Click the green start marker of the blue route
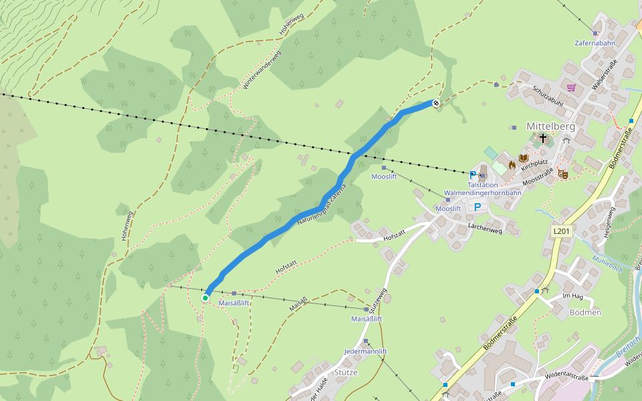click(205, 298)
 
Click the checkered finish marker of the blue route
click(436, 104)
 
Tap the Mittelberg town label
click(551, 126)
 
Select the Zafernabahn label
click(595, 43)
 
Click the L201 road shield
click(562, 231)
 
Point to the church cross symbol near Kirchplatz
click(543, 138)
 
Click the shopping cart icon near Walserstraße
click(570, 88)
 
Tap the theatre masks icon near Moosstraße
click(563, 174)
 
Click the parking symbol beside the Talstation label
click(473, 175)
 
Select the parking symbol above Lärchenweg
click(477, 207)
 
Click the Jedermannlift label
click(365, 351)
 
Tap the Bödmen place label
click(585, 312)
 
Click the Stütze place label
click(345, 372)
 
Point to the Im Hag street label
click(573, 296)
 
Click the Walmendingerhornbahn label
click(482, 193)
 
